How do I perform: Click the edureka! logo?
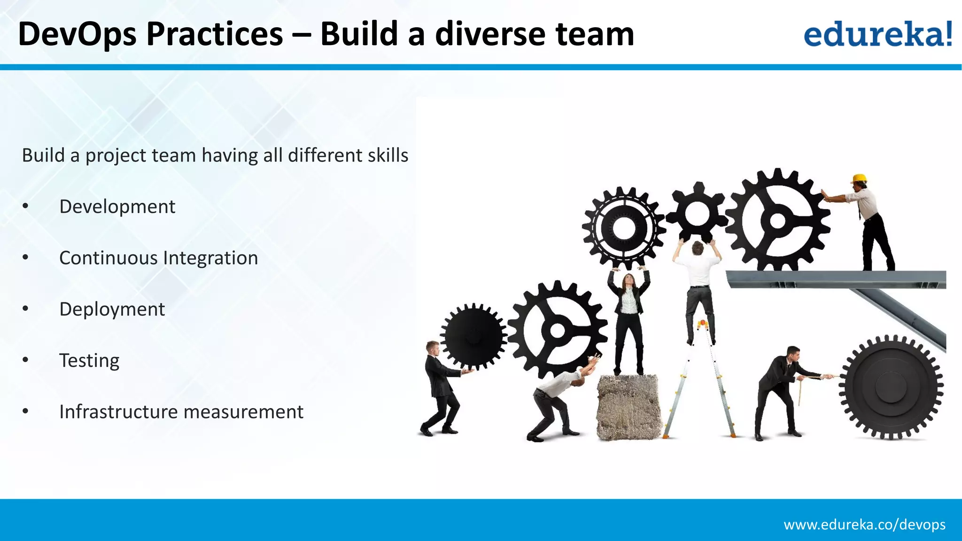[877, 34]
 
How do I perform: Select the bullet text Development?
[117, 207]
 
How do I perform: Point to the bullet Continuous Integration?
[158, 258]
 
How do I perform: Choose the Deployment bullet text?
[112, 309]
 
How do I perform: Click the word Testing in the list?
[89, 361]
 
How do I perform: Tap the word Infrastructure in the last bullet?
[118, 412]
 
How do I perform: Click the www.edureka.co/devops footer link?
[864, 525]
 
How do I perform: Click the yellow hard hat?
[859, 178]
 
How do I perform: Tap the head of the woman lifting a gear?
[628, 280]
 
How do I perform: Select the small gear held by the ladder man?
[697, 214]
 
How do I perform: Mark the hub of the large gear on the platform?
[777, 220]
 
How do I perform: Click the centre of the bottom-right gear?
[890, 387]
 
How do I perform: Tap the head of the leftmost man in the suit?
[432, 348]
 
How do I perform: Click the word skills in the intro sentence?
[388, 155]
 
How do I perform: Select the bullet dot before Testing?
[25, 361]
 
